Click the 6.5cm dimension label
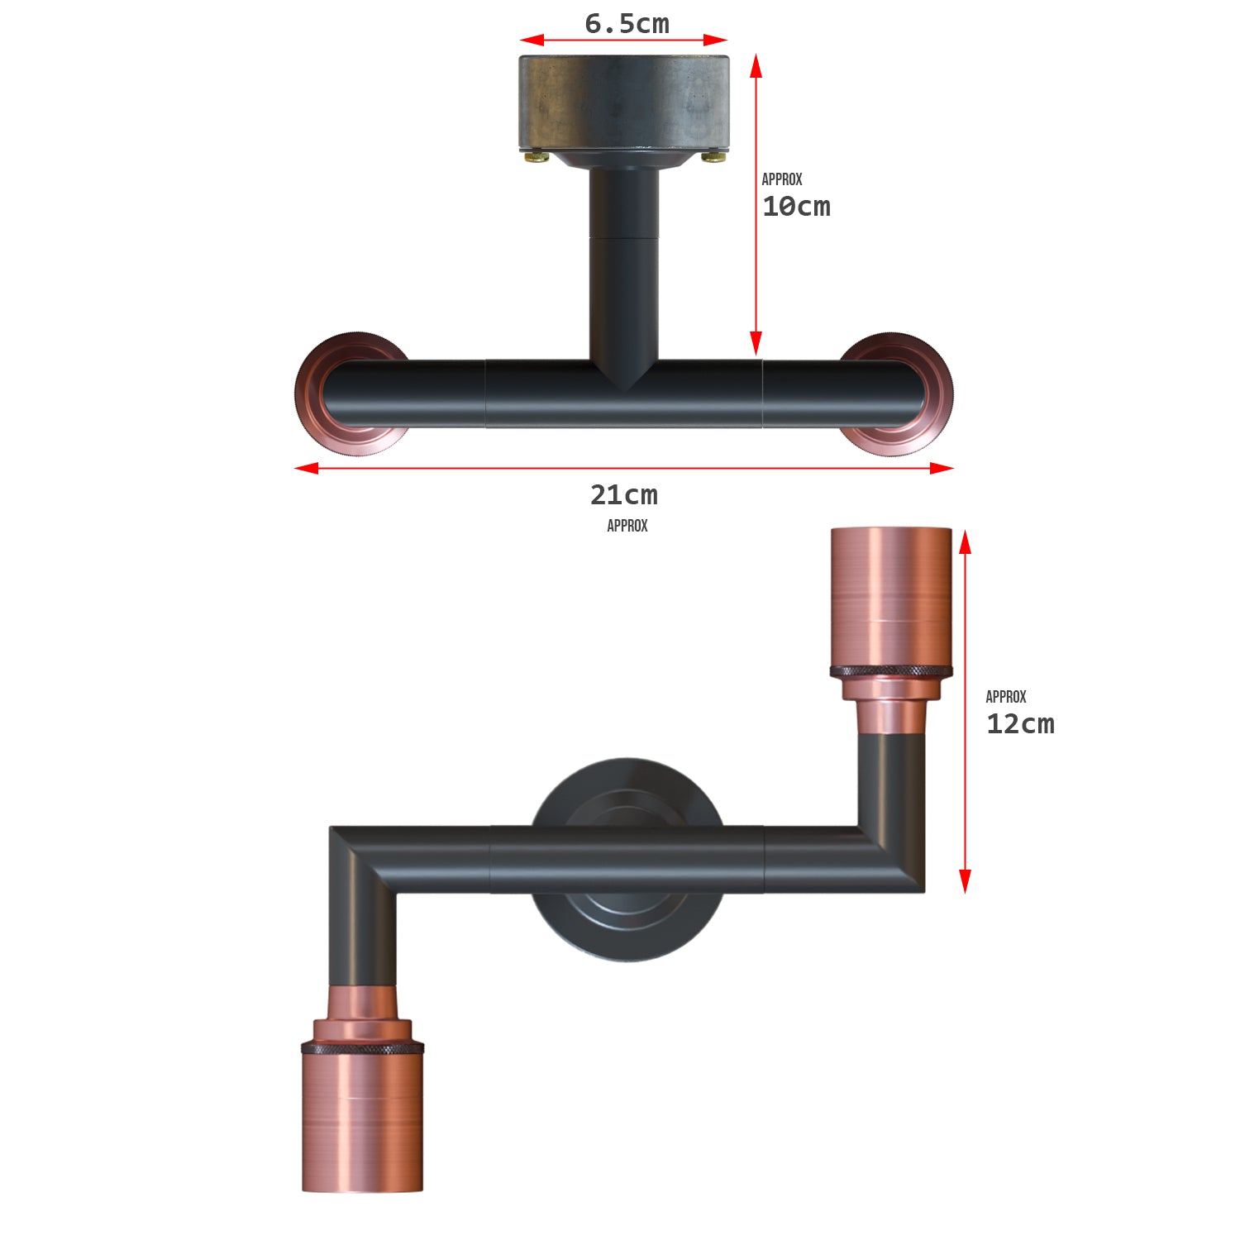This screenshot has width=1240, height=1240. [627, 24]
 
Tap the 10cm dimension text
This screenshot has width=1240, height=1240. [796, 207]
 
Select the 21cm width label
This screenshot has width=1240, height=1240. [623, 495]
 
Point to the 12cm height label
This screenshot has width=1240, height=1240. [1020, 724]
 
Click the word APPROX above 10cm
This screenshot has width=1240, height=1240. [782, 179]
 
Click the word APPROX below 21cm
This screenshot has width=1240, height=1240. [627, 526]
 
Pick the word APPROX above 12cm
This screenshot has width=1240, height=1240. [1006, 697]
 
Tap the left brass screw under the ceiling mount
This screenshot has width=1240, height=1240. [537, 155]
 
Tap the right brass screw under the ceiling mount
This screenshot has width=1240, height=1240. [711, 155]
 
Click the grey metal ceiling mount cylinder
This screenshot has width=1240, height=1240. [624, 102]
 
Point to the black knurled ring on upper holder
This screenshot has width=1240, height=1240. [891, 670]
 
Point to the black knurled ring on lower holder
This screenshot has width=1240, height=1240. [362, 1048]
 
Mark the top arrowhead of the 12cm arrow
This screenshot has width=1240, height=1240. [965, 541]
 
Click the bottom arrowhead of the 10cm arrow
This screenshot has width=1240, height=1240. [756, 344]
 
